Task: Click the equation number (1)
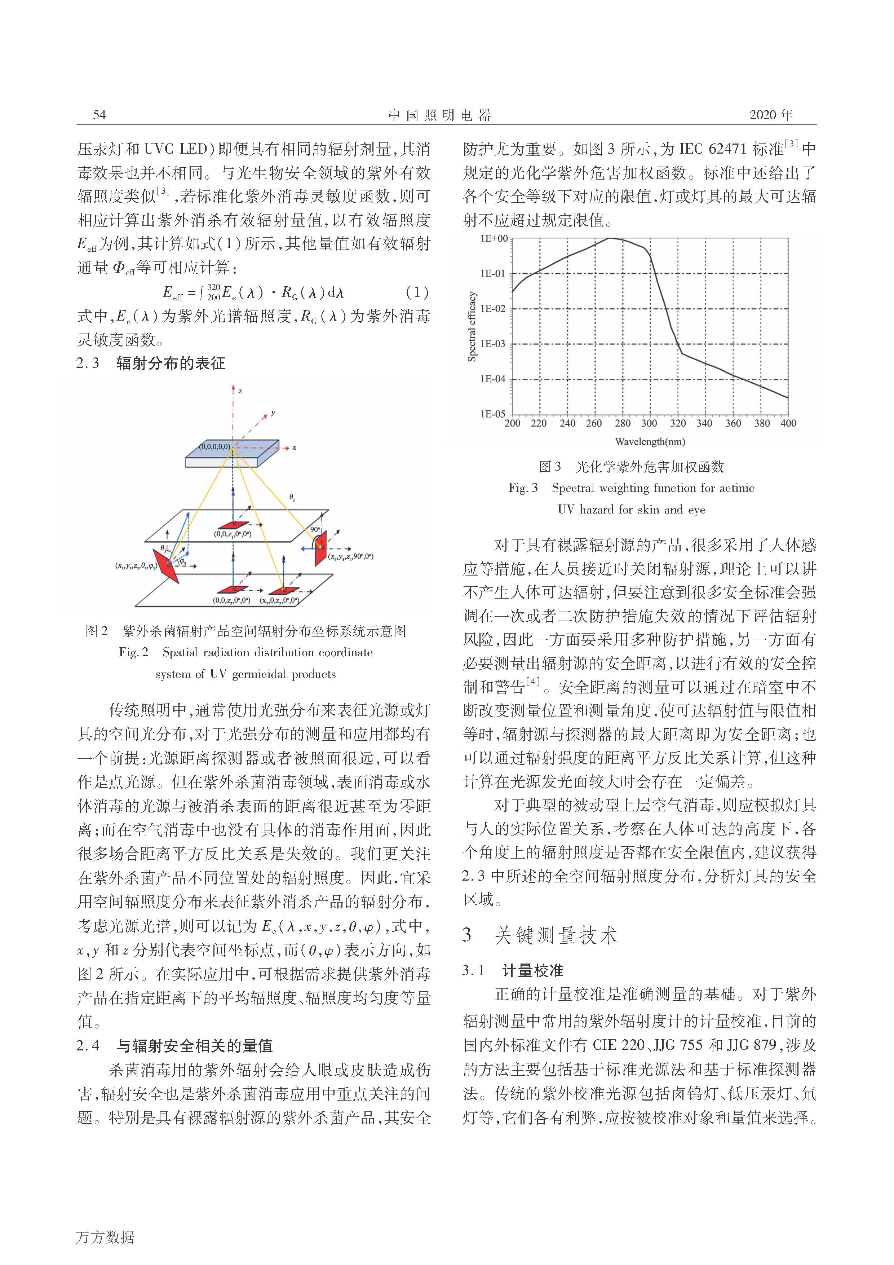(x=416, y=292)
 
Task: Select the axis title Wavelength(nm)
(x=650, y=441)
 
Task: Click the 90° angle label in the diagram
(x=315, y=529)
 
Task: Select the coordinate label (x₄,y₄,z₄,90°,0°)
(x=351, y=556)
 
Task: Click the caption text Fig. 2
(x=134, y=652)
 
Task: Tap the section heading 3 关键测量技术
(x=540, y=935)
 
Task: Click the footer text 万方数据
(x=105, y=1237)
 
